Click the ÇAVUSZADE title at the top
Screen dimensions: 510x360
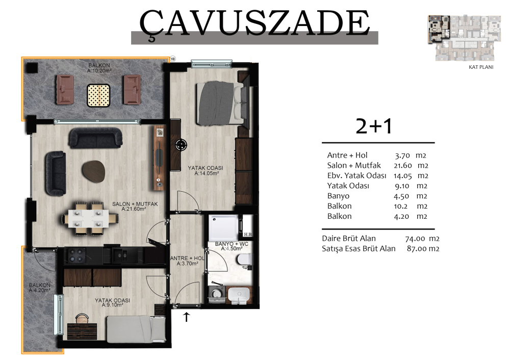[x=254, y=23]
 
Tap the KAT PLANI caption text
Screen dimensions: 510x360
[x=481, y=67]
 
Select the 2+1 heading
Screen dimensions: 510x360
[x=374, y=126]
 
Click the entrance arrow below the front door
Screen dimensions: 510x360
[x=186, y=317]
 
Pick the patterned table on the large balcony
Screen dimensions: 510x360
[x=98, y=95]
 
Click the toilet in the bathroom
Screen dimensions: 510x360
[x=244, y=260]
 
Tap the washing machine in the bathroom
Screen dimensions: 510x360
[x=217, y=295]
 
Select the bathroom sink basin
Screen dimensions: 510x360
[x=239, y=295]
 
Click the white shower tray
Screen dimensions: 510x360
[x=224, y=227]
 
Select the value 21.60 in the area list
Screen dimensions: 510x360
[x=403, y=166]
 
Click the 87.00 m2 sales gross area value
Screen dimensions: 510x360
[x=423, y=249]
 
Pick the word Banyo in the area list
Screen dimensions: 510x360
[x=338, y=196]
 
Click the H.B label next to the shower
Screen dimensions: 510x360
[x=247, y=235]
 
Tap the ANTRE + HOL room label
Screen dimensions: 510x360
[x=187, y=258]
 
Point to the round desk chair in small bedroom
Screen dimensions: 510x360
[x=82, y=318]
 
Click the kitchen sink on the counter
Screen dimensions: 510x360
[x=121, y=255]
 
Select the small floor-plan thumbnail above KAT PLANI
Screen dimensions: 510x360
[x=465, y=38]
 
